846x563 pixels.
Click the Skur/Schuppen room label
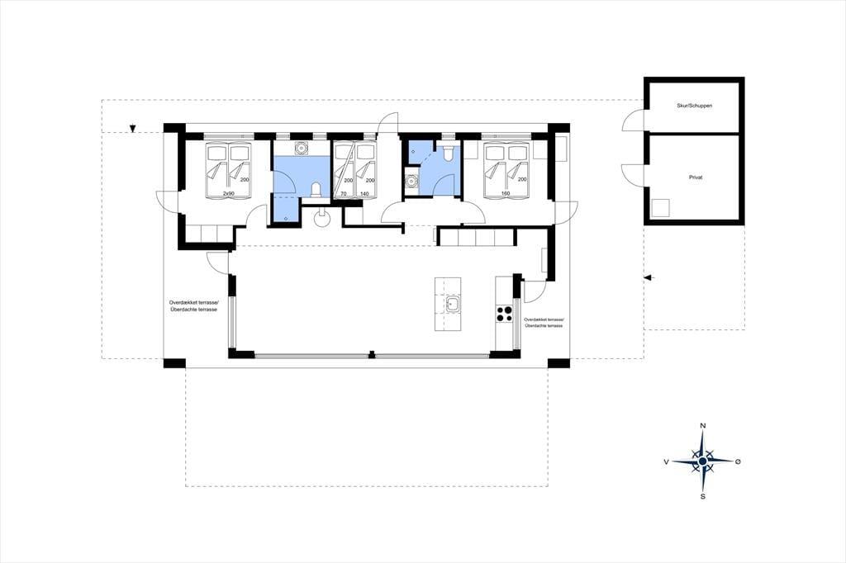(694, 106)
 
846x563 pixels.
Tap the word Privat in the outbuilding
(696, 177)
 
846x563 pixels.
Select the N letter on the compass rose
(702, 426)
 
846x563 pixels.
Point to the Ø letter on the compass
(738, 461)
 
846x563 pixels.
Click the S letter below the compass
(702, 496)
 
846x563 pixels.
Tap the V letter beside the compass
(667, 461)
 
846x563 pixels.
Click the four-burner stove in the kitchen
(504, 314)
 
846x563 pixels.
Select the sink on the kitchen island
(452, 305)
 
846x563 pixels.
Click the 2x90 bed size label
(228, 193)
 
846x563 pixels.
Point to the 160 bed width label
(506, 193)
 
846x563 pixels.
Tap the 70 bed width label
(343, 193)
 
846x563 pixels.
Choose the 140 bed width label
(364, 193)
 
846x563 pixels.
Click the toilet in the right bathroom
(446, 154)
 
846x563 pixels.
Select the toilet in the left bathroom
(316, 189)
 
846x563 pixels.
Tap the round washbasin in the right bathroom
(412, 181)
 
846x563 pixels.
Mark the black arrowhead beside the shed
(649, 277)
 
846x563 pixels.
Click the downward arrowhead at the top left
(132, 129)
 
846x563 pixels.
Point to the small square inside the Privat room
(660, 208)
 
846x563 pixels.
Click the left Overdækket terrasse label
(192, 306)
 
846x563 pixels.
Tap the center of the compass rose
(702, 461)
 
